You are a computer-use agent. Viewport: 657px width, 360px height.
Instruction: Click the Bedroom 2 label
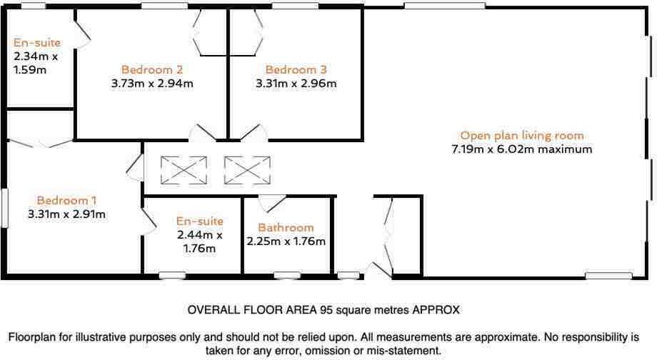[x=152, y=69]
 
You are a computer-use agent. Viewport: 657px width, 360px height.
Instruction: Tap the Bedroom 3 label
[x=296, y=69]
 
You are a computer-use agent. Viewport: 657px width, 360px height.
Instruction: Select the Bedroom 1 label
[x=67, y=201]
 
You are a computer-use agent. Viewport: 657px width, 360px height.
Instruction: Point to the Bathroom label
[x=286, y=228]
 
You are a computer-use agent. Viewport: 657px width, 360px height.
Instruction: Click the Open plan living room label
[x=521, y=135]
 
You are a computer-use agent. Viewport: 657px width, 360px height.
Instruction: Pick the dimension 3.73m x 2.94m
[x=152, y=83]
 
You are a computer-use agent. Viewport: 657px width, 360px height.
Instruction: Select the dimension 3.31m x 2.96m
[x=296, y=83]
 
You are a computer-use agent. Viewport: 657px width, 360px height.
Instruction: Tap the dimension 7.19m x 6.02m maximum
[x=521, y=149]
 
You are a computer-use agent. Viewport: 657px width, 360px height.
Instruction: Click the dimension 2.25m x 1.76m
[x=286, y=241]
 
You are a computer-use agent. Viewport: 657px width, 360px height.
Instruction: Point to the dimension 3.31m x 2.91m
[x=67, y=214]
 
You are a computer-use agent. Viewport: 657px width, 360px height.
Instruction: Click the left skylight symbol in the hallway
[x=184, y=170]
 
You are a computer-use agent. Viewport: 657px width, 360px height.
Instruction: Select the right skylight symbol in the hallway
[x=247, y=170]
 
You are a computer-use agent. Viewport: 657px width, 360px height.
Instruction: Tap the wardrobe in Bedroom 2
[x=211, y=33]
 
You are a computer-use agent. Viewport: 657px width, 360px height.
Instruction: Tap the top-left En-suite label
[x=36, y=43]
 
